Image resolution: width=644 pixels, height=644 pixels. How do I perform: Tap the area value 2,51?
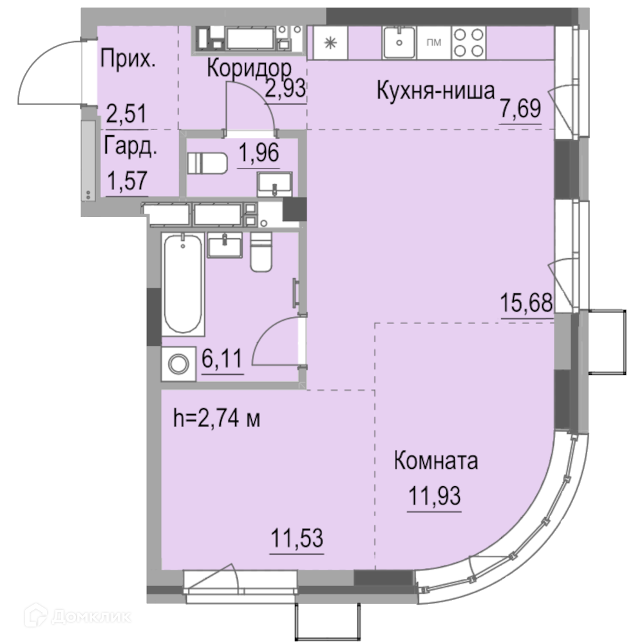[126, 113]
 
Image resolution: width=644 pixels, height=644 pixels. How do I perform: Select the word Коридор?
[249, 68]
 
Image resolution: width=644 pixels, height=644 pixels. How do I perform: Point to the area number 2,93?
[285, 88]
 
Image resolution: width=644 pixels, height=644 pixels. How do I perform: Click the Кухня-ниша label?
[435, 90]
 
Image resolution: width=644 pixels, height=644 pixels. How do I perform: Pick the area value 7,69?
[520, 109]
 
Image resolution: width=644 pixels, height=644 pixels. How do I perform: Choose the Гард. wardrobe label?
[130, 146]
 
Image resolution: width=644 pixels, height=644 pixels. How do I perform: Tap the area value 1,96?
[259, 153]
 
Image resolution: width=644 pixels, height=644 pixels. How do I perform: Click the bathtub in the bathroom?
[183, 284]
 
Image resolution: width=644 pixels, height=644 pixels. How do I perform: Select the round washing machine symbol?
[178, 365]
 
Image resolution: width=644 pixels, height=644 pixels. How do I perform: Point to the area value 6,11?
[222, 359]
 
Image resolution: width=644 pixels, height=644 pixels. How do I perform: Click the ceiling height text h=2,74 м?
[217, 419]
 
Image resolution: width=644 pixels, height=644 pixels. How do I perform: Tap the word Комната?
[436, 461]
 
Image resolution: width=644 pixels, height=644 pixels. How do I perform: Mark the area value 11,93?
[434, 495]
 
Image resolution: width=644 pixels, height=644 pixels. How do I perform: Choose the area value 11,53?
[297, 538]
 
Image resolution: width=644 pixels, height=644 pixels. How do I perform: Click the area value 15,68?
[526, 303]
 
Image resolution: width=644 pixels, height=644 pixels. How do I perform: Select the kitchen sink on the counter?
[399, 43]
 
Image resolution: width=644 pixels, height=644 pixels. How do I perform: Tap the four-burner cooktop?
[468, 43]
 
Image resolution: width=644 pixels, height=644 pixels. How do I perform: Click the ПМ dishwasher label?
[433, 43]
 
